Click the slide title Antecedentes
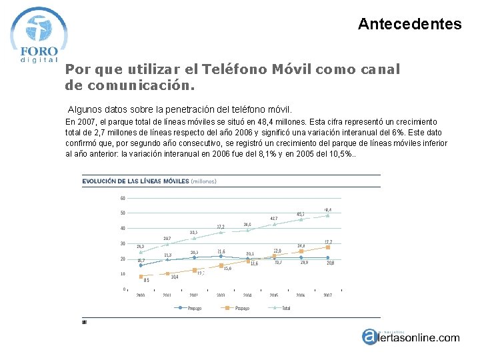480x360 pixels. [x=409, y=25]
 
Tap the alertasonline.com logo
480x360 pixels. [x=410, y=337]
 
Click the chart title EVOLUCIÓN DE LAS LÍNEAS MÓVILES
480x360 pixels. [x=135, y=181]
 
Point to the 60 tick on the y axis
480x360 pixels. [x=123, y=198]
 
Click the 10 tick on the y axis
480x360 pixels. [x=123, y=274]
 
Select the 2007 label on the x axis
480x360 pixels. [x=327, y=295]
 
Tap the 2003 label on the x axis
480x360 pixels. [x=221, y=295]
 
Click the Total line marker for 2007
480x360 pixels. [x=327, y=215]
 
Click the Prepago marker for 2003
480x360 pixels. [x=221, y=256]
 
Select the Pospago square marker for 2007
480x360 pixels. [x=327, y=247]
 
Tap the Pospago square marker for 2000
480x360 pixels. [x=141, y=276]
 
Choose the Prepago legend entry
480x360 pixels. [x=191, y=308]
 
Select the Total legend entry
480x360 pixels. [x=283, y=308]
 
